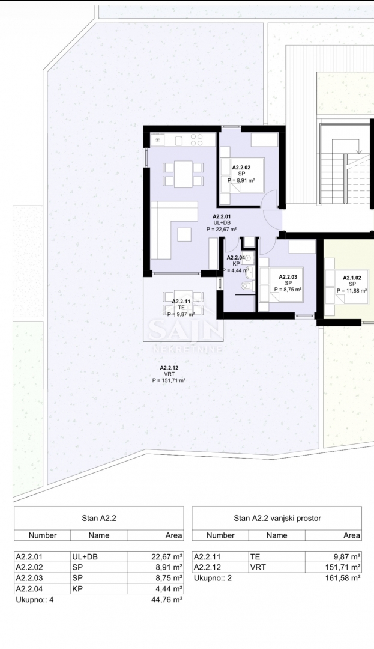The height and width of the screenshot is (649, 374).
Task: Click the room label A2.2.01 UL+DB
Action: point(222,222)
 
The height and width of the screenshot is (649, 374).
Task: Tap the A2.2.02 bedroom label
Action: point(241,174)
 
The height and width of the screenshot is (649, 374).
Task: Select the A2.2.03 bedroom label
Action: point(288,283)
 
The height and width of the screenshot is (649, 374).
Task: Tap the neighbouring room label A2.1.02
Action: point(352,284)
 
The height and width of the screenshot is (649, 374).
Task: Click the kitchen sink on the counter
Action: point(179,141)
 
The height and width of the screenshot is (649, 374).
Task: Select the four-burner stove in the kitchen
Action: point(196,139)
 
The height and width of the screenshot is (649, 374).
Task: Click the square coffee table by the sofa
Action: point(184,234)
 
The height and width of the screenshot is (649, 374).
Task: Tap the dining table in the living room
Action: point(183,174)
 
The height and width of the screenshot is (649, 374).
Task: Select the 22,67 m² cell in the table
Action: point(167,556)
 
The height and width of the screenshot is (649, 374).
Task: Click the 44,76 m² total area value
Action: point(167,599)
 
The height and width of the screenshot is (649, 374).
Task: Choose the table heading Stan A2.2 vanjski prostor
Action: point(277,518)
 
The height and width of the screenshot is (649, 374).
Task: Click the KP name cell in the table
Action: point(77,588)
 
